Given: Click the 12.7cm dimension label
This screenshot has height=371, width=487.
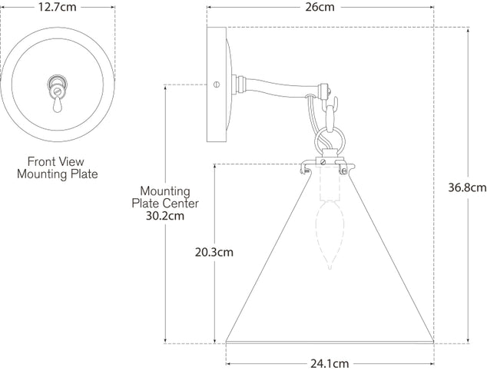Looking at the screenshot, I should coord(58,8).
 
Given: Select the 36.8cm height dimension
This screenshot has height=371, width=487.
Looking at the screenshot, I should coord(468,187).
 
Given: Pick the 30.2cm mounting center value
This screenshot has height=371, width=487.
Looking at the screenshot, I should coord(169,216).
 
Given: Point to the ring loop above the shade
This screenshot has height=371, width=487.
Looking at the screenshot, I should coord(329,143).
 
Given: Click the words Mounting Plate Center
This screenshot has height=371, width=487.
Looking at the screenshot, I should coord(169,197).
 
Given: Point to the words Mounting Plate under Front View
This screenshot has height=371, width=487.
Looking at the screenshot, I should coord(57,174).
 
